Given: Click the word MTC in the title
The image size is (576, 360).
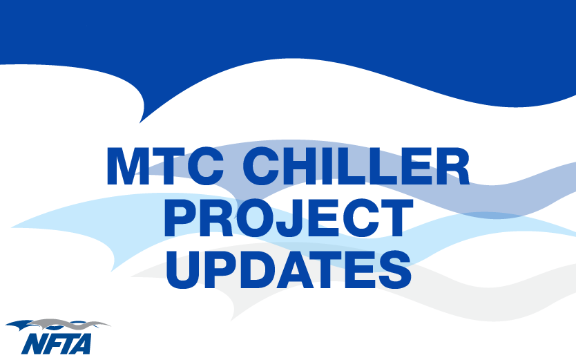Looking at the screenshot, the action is pos(165,166).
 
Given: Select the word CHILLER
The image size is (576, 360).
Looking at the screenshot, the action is pos(356,166).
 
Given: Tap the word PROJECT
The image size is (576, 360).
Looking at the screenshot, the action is pos(289,218).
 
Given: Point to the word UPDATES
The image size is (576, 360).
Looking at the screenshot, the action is pos(289,270).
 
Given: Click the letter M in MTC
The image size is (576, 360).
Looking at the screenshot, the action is pos(126,167).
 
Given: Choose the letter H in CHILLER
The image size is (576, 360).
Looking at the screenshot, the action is pos(298,167).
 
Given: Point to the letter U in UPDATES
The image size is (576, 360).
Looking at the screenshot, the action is pos(182,270).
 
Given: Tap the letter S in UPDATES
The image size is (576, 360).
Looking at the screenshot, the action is pos(395,270).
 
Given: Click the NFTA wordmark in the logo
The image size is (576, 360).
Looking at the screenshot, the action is pos(56,344).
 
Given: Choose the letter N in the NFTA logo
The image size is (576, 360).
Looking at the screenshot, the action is pos(33,344).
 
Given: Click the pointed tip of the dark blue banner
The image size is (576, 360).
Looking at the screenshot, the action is pos(140,123).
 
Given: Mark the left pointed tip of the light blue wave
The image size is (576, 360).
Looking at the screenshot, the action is pos(11,227).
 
